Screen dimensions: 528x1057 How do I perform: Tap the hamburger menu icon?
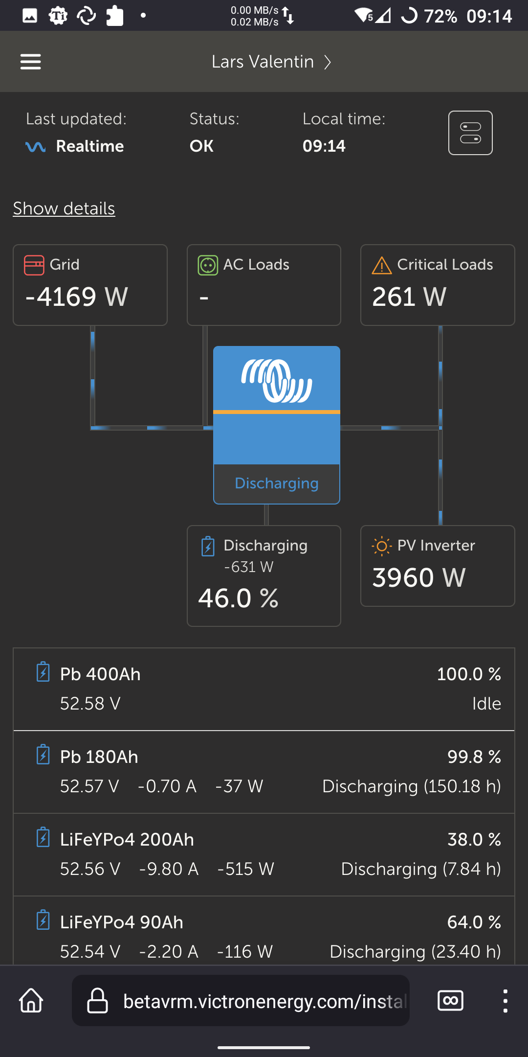tap(30, 62)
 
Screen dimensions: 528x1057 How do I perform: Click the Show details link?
tap(64, 208)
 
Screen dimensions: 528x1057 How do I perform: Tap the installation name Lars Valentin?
tap(263, 62)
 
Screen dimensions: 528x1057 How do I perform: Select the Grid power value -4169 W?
tap(77, 297)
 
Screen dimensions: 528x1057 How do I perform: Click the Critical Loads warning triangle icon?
tap(382, 265)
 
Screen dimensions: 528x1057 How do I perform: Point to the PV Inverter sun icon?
tap(382, 546)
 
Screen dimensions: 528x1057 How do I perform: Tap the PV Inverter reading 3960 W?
tap(419, 577)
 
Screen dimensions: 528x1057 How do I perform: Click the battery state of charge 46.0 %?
tap(238, 598)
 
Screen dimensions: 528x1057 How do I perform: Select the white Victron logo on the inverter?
tap(277, 381)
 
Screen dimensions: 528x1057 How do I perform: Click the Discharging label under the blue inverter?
tap(277, 483)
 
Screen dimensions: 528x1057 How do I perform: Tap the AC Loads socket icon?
tap(208, 265)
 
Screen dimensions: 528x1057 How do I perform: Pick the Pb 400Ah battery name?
tap(100, 674)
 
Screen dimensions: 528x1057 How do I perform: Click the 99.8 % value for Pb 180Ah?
tap(474, 757)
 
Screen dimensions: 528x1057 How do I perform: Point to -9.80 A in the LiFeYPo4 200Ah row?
tap(169, 869)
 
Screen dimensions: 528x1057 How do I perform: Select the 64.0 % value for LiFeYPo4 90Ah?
tap(474, 922)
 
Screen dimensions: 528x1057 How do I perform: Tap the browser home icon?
tap(31, 1000)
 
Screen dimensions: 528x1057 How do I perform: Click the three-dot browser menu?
tap(505, 1001)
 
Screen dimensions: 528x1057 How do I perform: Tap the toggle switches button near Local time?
tap(470, 133)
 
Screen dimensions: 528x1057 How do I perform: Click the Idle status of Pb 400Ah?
tap(486, 704)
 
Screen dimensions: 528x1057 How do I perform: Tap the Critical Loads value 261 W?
tap(409, 297)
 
